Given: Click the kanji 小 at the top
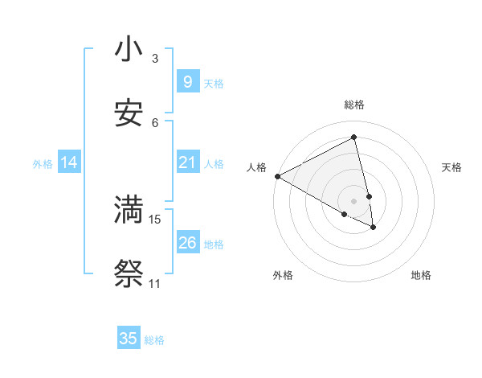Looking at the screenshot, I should click(129, 50).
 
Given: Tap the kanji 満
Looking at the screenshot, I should click(129, 210).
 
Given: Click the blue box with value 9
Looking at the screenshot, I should click(187, 82).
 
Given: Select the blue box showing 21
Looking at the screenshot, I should click(187, 162).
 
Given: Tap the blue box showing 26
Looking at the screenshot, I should click(187, 243).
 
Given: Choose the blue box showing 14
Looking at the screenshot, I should click(69, 162).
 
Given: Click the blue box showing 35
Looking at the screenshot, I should click(129, 339).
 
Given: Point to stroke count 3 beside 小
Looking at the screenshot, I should click(155, 59).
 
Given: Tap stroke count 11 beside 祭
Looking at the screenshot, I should click(154, 284).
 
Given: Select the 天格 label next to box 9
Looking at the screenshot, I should click(214, 83).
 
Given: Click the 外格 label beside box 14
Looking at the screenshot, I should click(43, 163).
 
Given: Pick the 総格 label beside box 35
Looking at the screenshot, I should click(154, 340).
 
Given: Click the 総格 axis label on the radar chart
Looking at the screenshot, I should click(354, 105).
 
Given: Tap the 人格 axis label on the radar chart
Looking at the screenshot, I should click(256, 167).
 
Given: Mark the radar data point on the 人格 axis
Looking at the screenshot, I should click(277, 176).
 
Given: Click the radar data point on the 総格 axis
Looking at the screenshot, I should click(354, 138).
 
